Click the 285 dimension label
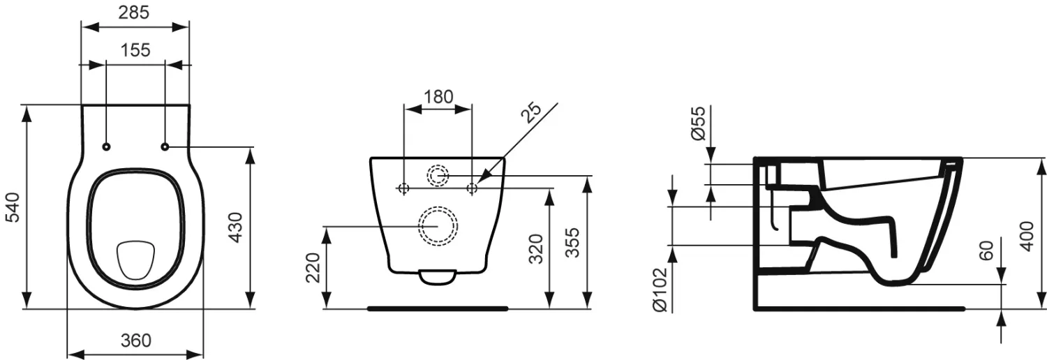(134, 13)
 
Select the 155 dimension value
(135, 50)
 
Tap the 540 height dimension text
(13, 207)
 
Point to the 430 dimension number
(237, 227)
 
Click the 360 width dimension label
(136, 340)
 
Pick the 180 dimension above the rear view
(438, 97)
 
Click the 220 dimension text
(313, 267)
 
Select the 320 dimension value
(536, 249)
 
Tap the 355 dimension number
(573, 242)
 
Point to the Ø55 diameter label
(697, 123)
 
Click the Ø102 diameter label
(660, 290)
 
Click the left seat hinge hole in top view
(107, 147)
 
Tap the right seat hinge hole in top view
(165, 147)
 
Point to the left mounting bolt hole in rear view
(404, 188)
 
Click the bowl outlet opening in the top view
(135, 259)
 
